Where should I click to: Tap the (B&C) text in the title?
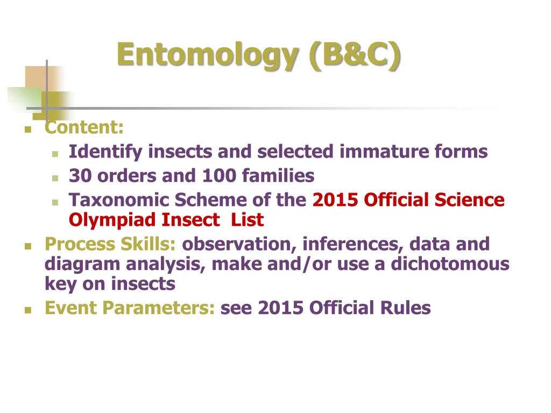coord(355,55)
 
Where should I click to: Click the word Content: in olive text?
coord(84,128)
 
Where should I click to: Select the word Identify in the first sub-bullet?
coord(105,152)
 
